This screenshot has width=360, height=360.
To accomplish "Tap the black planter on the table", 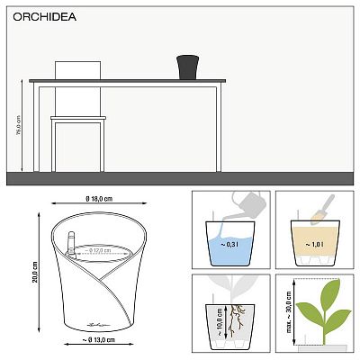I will coord(187,67).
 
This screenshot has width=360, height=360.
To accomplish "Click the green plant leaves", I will coord(320,302).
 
